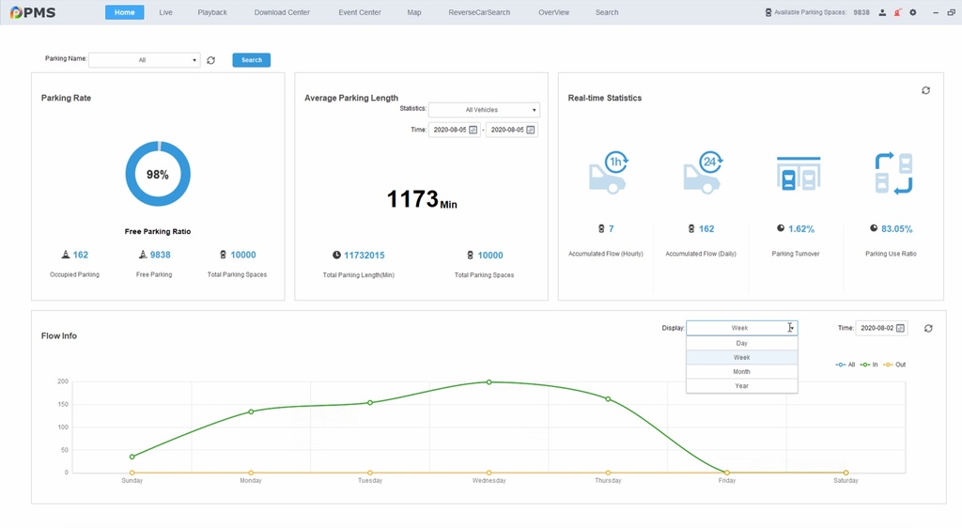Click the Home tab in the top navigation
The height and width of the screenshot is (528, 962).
(x=124, y=12)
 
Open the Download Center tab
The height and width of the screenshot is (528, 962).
(x=281, y=12)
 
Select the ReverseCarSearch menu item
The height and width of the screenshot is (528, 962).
(x=479, y=12)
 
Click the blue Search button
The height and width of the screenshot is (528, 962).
(x=251, y=60)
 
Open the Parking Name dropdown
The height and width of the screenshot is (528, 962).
(x=145, y=60)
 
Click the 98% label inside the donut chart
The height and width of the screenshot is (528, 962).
(x=158, y=175)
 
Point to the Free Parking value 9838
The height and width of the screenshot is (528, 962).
(x=160, y=255)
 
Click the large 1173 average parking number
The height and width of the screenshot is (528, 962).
(x=413, y=199)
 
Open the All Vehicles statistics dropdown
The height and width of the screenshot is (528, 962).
(x=483, y=110)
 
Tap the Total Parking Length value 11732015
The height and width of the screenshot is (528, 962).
(x=365, y=256)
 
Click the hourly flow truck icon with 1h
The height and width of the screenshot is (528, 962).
(x=609, y=172)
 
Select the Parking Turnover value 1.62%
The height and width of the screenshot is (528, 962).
(x=801, y=229)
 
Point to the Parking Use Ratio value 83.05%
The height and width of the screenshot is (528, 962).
(x=896, y=229)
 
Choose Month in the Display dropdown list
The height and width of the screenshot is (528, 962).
(x=741, y=372)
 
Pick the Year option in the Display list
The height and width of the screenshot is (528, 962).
(x=741, y=386)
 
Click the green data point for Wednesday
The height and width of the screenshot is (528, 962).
(x=489, y=382)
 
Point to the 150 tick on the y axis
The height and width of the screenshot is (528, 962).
(x=63, y=404)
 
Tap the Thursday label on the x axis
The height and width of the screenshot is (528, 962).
(x=608, y=481)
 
